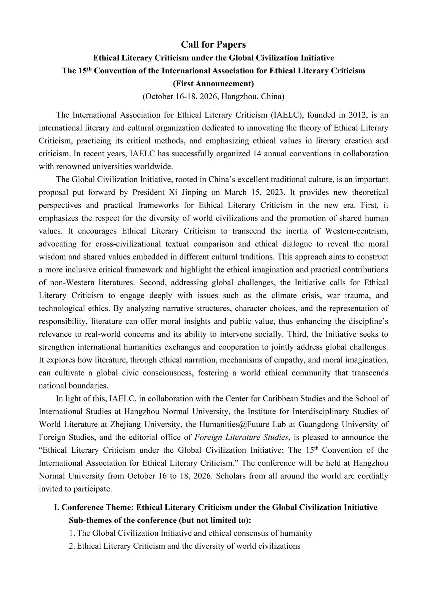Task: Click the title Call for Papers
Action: coord(213,44)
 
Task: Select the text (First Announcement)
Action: coord(213,84)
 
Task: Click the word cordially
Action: coord(372,476)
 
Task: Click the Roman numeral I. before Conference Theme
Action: coord(57,508)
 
